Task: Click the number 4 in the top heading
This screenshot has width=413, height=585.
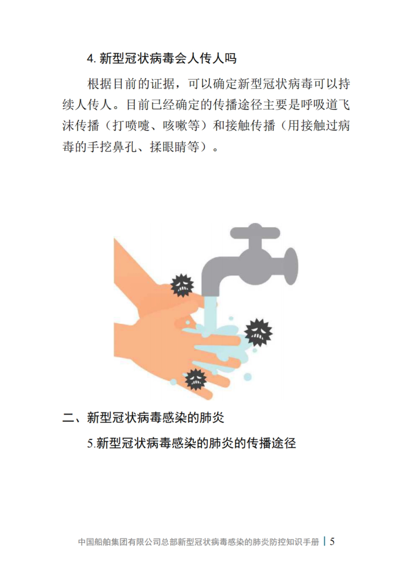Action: click(x=90, y=59)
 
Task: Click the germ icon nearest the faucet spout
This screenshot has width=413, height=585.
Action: click(x=182, y=285)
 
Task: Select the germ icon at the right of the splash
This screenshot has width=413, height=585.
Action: click(x=258, y=332)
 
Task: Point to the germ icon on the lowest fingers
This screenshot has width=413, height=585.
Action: click(x=195, y=379)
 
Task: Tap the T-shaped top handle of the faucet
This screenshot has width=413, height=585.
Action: click(x=255, y=231)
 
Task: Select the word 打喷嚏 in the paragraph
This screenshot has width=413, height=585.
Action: click(x=131, y=125)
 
